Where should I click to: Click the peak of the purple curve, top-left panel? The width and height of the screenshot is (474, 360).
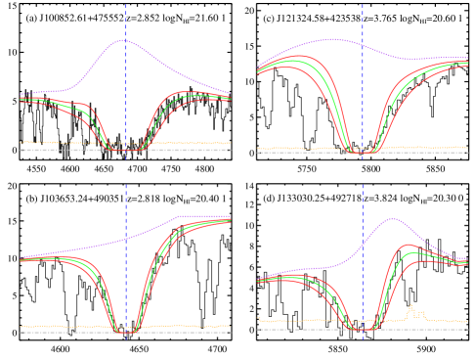pos(121,40)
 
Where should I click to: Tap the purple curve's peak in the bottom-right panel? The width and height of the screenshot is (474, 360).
pos(392,218)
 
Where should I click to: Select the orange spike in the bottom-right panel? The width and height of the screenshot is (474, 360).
pos(410,306)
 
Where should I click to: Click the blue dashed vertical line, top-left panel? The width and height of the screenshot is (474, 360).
pos(125,20)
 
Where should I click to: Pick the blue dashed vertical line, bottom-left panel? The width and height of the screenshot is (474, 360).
pos(125,205)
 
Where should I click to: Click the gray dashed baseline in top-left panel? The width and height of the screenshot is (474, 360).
pos(59,150)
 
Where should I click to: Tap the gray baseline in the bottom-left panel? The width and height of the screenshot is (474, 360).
pos(59,333)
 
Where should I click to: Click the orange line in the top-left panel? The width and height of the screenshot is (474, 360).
pos(59,143)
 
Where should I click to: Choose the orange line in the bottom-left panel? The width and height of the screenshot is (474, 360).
pos(59,326)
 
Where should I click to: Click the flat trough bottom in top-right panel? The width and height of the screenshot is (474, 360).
pos(362,153)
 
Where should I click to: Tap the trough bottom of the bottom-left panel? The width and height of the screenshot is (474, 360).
pos(125,333)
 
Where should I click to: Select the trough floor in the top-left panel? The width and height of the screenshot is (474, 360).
pos(125,150)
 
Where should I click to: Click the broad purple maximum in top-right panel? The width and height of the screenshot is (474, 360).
pos(332,40)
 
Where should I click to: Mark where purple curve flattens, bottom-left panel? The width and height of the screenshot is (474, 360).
pos(182,216)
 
